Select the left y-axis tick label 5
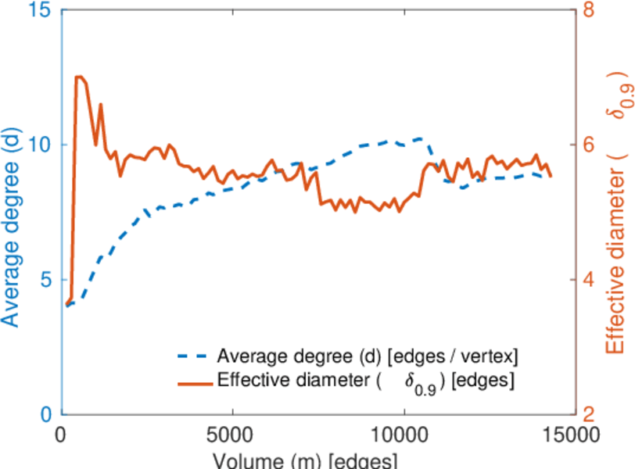tap(46, 280)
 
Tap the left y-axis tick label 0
tap(46, 414)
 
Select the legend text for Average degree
tap(368, 356)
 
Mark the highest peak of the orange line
tap(79, 77)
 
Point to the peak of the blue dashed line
tap(421, 138)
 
